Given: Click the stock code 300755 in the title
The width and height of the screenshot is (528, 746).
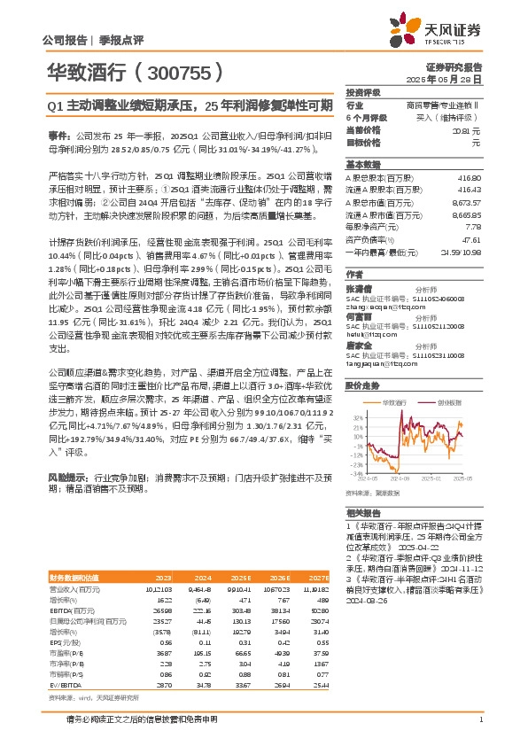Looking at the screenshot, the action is click(176, 72).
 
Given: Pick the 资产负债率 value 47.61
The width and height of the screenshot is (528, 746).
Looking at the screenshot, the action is click(472, 240).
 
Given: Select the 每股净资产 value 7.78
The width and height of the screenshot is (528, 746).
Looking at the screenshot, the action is click(475, 228).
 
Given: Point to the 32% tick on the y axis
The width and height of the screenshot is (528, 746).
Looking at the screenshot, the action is click(358, 416).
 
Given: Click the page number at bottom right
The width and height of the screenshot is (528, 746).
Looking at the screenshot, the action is click(479, 730).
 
